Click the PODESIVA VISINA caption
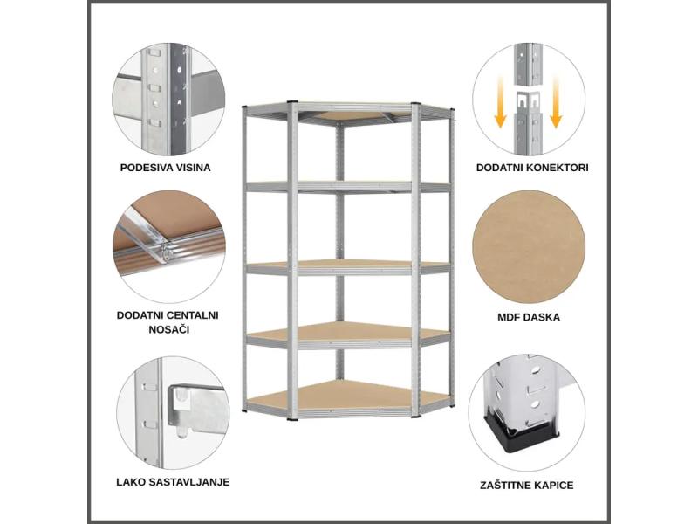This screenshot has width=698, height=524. [165, 168]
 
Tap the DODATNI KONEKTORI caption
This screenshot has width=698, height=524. [532, 168]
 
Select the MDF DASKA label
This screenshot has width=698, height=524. [529, 317]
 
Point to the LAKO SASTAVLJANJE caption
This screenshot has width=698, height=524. [173, 482]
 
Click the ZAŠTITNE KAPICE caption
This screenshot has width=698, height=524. [527, 486]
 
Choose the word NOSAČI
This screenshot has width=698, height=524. [168, 329]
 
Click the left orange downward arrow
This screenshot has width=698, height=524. [500, 103]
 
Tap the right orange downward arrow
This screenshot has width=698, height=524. [555, 103]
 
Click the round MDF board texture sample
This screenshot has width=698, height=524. [529, 247]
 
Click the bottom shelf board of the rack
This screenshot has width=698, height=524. [350, 396]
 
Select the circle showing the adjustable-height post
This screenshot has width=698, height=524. [168, 100]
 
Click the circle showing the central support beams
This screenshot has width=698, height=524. [168, 247]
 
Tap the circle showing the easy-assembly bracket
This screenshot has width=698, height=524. [173, 412]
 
